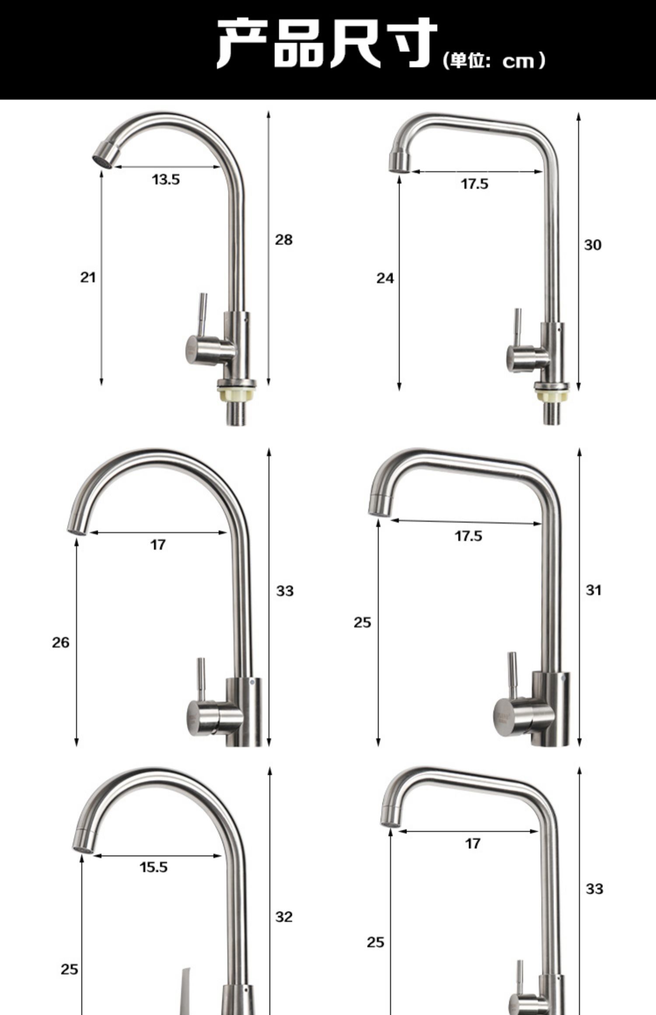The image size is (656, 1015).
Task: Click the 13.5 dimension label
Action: [166, 180]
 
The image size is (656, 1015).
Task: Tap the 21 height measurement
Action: [87, 277]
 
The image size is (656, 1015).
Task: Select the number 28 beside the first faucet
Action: [283, 240]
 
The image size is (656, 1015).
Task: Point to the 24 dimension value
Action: [385, 278]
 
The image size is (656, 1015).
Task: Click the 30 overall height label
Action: [593, 245]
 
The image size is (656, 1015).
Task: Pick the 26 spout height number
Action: [60, 642]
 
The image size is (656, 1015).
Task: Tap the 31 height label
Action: [593, 590]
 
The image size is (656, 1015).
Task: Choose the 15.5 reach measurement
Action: [154, 867]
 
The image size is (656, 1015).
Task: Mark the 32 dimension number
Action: [283, 917]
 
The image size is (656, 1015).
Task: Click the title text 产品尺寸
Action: [327, 43]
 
